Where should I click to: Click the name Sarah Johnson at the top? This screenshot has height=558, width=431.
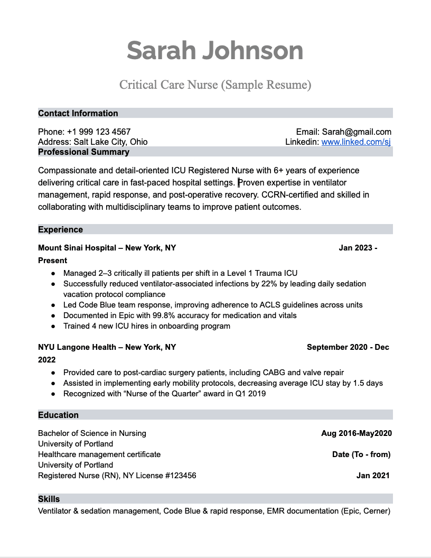point(215,51)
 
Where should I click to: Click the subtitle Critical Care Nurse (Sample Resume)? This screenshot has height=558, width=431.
point(215,85)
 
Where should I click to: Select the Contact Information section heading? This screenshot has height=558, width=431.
point(78,113)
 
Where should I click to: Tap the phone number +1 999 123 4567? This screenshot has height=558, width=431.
point(99,132)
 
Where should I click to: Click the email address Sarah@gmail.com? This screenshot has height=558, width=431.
point(357,132)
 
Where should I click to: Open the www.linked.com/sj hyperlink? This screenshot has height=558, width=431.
point(356,142)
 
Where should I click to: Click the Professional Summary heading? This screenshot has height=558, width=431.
point(83,152)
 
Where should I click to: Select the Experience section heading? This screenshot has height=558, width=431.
point(60,229)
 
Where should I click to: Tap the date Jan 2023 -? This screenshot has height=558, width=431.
point(358,247)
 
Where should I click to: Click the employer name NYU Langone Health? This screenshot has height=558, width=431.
point(77,347)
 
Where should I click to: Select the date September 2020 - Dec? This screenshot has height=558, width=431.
point(348,347)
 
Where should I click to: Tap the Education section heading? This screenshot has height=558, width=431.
point(58,415)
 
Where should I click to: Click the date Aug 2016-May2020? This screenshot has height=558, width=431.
point(357,433)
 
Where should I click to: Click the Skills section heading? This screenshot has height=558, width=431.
point(49,499)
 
